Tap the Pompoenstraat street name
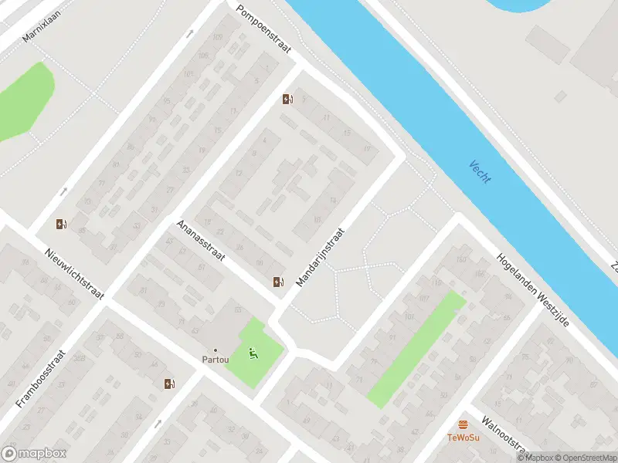[x=264, y=30]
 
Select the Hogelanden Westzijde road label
[x=533, y=289]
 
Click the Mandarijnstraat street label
[x=318, y=258]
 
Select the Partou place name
[x=215, y=360]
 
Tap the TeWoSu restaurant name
[x=463, y=437]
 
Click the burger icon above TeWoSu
[x=463, y=424]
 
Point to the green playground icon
[x=253, y=353]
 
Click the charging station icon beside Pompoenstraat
[x=287, y=99]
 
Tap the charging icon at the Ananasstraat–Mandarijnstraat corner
[x=278, y=282]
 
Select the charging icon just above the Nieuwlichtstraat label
[x=60, y=225]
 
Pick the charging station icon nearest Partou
[x=168, y=384]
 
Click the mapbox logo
[x=34, y=454]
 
